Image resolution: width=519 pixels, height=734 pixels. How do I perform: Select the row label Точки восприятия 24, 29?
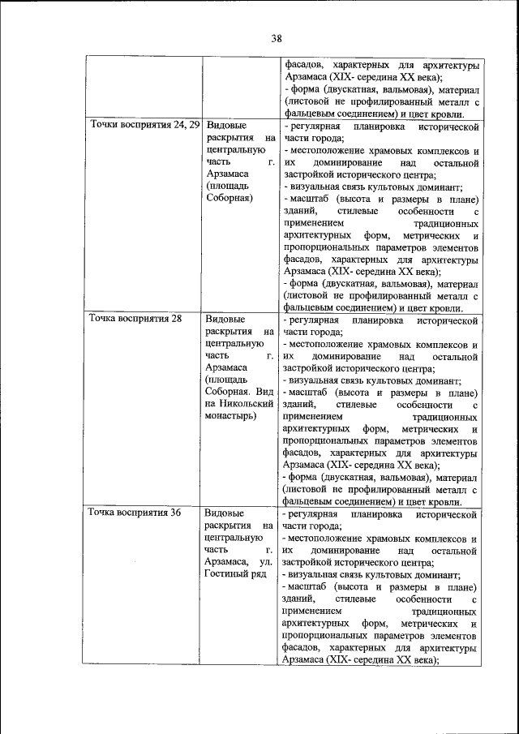click(144, 125)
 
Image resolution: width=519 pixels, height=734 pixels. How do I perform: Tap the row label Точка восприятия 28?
click(135, 318)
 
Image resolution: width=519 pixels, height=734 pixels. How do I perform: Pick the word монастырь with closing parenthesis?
click(231, 416)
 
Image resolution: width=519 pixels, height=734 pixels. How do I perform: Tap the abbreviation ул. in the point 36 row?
click(267, 560)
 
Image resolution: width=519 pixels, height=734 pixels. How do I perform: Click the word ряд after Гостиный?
click(260, 573)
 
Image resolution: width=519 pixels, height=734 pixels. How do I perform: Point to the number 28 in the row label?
click(176, 318)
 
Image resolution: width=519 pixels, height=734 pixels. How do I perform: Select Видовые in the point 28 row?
click(225, 318)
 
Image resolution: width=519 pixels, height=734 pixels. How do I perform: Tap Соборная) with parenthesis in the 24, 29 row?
click(229, 197)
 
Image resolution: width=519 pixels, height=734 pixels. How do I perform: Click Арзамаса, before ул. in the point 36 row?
click(227, 560)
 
